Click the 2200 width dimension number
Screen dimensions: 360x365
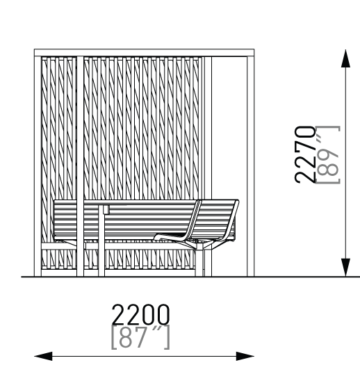pyautogui.click(x=140, y=314)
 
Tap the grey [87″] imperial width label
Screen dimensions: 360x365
pyautogui.click(x=140, y=337)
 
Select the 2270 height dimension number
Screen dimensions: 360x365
pyautogui.click(x=304, y=155)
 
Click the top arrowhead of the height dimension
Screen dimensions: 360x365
pyautogui.click(x=345, y=58)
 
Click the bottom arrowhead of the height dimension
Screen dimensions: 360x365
pyautogui.click(x=345, y=268)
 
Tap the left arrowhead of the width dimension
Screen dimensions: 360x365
pyautogui.click(x=43, y=356)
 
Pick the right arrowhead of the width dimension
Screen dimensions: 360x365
pyautogui.click(x=245, y=356)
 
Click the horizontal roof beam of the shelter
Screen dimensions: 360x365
pyautogui.click(x=145, y=53)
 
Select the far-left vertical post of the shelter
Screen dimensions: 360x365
pyautogui.click(x=38, y=166)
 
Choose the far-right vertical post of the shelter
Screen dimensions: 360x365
pyautogui.click(x=251, y=166)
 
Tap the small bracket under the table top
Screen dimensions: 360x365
pyautogui.click(x=106, y=209)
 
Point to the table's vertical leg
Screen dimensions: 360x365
pyautogui.click(x=101, y=241)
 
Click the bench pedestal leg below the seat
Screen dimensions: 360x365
pyautogui.click(x=199, y=261)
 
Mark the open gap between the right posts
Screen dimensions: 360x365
pyautogui.click(x=229, y=128)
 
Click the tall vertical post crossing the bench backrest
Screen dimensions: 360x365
pyautogui.click(x=80, y=166)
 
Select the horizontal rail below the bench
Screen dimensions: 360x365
pyautogui.click(x=126, y=246)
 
